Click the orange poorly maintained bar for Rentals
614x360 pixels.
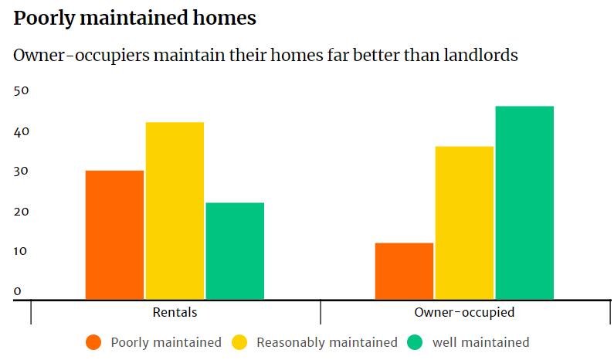point(114,234)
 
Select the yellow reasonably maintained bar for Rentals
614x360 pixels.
point(175,210)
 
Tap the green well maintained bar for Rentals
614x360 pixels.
point(235,250)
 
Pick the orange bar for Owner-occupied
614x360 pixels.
point(404,270)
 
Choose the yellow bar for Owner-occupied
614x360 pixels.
point(464,222)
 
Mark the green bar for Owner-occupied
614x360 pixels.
point(524,202)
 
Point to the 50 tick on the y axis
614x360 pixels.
point(22,90)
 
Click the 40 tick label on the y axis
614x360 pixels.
point(22,131)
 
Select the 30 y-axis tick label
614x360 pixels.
point(22,172)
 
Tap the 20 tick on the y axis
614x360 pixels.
point(22,212)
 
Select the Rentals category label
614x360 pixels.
point(175,313)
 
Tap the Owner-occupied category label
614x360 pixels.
point(464,313)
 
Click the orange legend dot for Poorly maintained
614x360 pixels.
point(94,342)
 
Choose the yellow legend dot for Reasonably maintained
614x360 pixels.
point(239,342)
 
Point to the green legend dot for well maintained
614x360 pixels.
point(416,342)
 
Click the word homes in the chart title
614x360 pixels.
point(222,19)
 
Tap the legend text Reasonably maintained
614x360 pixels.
point(327,342)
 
